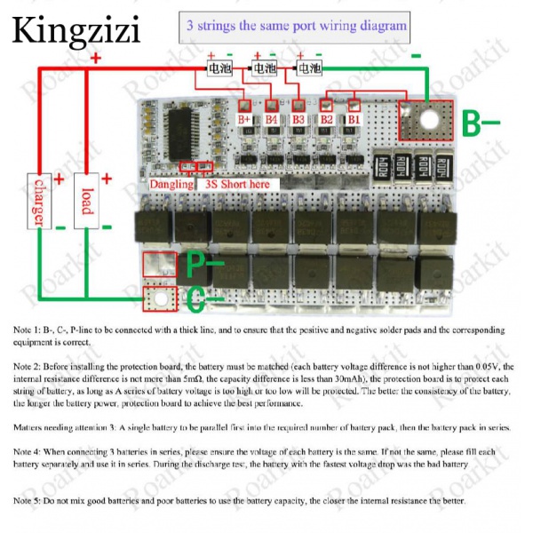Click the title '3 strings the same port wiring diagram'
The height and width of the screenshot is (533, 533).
[x=296, y=26]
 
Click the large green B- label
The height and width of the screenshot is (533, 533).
[x=481, y=121]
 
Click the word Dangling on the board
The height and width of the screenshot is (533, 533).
[x=171, y=184]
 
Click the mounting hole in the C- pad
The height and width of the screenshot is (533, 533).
[x=161, y=298]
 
